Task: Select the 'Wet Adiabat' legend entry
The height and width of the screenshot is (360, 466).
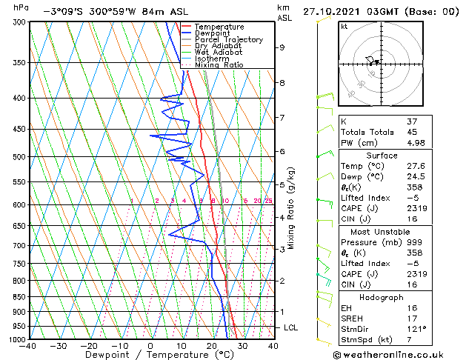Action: (219, 52)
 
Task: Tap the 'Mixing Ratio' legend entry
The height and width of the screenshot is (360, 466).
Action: (219, 64)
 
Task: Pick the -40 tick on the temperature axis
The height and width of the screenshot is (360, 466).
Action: (28, 346)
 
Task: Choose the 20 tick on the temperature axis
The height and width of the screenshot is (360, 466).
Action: (212, 346)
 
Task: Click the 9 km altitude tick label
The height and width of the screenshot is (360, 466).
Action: (282, 47)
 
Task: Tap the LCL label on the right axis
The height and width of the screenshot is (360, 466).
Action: (292, 327)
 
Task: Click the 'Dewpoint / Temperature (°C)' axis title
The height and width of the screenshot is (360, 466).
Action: (150, 355)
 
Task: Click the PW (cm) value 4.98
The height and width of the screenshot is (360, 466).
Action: (416, 143)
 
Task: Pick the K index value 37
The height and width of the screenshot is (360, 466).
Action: (412, 121)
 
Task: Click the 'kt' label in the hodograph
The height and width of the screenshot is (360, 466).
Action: (344, 27)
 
